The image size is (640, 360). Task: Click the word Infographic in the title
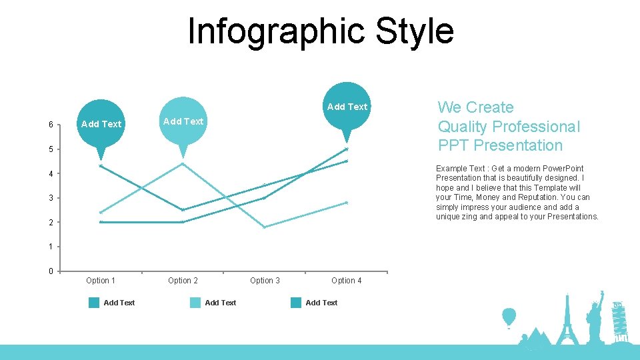(276, 31)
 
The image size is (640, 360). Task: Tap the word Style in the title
(415, 31)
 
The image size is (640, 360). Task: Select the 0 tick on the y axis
(51, 271)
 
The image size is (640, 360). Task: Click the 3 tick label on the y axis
(51, 198)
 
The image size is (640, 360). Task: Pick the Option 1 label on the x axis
(101, 281)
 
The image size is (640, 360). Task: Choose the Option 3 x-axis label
(265, 281)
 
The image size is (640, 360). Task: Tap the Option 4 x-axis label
(347, 281)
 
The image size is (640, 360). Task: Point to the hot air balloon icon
(509, 317)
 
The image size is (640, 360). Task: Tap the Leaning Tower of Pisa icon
(619, 321)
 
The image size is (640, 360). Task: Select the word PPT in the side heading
(453, 145)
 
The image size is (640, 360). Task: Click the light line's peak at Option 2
(183, 163)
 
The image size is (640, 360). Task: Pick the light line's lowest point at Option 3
(265, 227)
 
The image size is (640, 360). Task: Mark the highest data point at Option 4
(347, 149)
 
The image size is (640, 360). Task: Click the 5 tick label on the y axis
(51, 149)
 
